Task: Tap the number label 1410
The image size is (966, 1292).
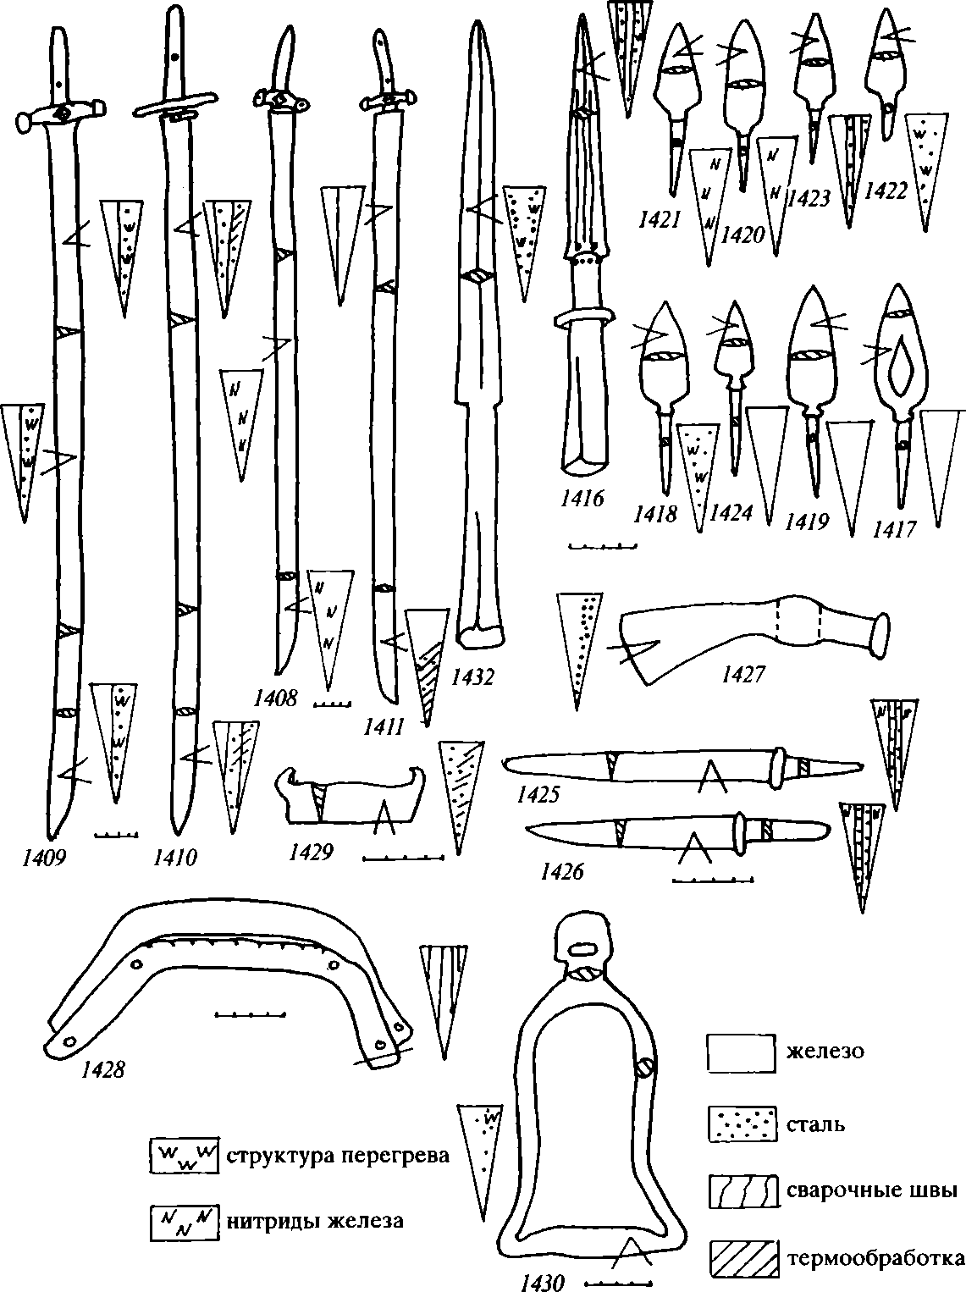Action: pos(174,859)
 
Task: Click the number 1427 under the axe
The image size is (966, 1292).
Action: pos(743,674)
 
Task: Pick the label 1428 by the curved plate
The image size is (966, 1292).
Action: pos(103,1070)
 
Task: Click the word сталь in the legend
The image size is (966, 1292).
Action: pos(815,1125)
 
